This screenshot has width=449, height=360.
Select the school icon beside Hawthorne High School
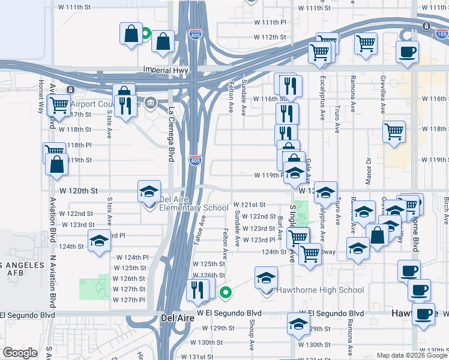(x=266, y=279)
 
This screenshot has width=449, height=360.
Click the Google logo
(x=20, y=353)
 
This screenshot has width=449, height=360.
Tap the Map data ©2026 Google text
(x=412, y=355)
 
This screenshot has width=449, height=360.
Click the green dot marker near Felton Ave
(x=226, y=293)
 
